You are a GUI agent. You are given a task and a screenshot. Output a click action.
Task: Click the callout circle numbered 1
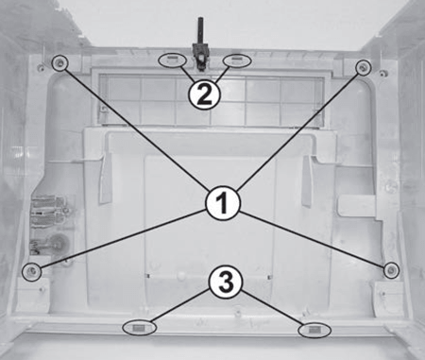click(x=223, y=203)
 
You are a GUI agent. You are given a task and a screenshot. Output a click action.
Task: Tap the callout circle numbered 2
click(x=204, y=94)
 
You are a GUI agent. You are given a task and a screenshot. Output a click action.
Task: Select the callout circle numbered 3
click(x=226, y=283)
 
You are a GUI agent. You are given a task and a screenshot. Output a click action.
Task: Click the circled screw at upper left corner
click(x=59, y=63)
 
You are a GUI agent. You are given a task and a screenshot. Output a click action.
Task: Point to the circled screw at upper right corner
click(x=363, y=67)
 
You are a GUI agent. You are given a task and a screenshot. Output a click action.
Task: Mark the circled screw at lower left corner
click(x=32, y=270)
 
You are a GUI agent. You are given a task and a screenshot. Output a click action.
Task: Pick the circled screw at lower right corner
click(x=391, y=269)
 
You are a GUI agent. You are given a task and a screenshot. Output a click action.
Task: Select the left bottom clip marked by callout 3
click(x=139, y=328)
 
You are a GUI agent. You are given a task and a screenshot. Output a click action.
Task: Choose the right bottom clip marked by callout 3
click(x=314, y=330)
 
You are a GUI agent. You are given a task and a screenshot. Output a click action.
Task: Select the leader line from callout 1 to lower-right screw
click(x=313, y=241)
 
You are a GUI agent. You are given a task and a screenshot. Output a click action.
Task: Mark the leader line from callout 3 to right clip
click(x=273, y=309)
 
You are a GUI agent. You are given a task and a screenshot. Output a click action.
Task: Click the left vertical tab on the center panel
click(x=107, y=179)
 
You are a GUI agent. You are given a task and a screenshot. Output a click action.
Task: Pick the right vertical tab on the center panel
click(x=308, y=180)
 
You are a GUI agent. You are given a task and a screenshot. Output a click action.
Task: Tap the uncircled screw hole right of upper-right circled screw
click(x=382, y=74)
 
